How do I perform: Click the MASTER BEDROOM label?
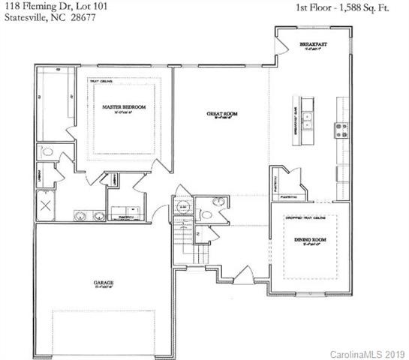tap(123, 107)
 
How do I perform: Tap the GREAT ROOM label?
tap(222, 114)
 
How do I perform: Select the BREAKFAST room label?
tap(314, 45)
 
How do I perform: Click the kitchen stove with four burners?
tap(341, 128)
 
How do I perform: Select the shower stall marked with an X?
tap(44, 205)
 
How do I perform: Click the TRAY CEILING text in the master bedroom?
tap(101, 81)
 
